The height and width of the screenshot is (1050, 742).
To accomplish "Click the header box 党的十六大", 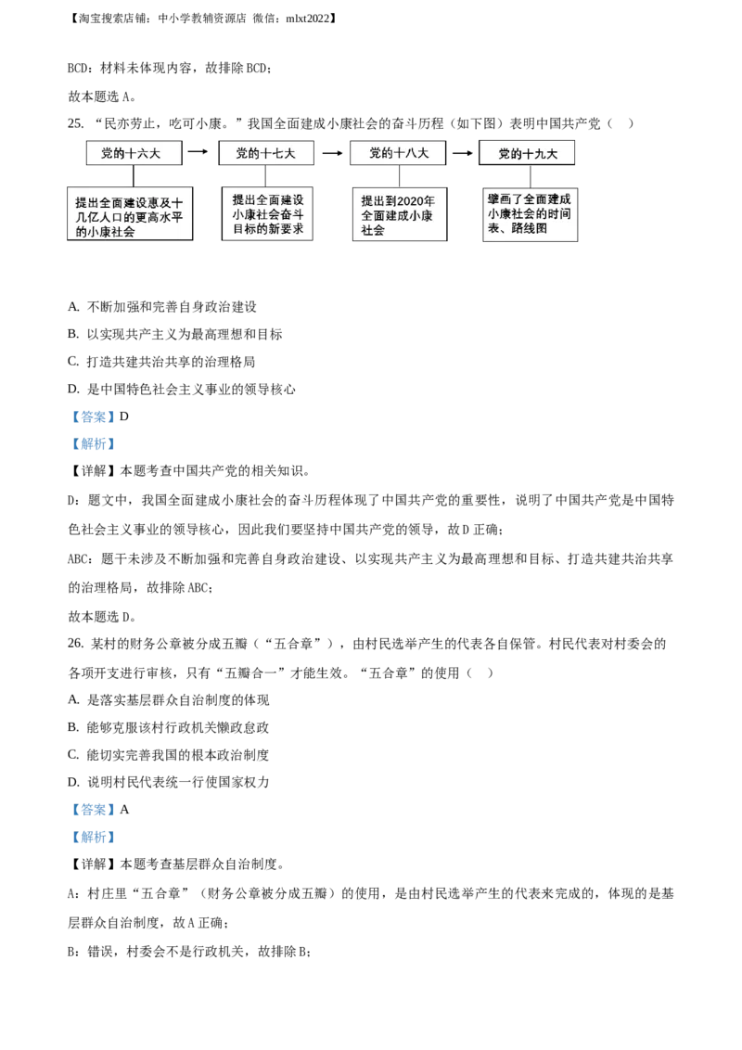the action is click(131, 154).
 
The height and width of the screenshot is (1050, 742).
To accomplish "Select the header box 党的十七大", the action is click(265, 154).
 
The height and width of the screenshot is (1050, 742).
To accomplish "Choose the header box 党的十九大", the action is click(528, 154).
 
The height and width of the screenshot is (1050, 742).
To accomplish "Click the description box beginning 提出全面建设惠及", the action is click(130, 216).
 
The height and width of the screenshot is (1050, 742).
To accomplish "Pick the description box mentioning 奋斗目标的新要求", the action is click(268, 214).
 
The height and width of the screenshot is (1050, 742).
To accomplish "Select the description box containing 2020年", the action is click(399, 215).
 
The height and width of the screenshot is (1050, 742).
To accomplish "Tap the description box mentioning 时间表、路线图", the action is click(530, 215).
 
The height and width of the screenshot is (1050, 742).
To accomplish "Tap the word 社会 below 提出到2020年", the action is click(373, 230).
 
